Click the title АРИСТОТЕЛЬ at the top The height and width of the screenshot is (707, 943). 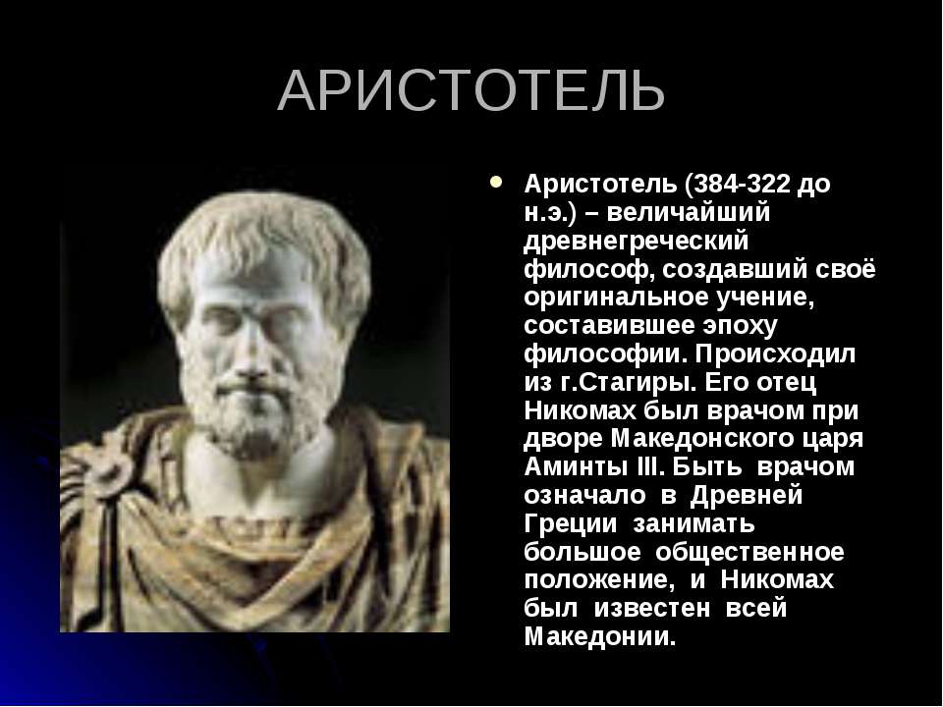[x=471, y=90]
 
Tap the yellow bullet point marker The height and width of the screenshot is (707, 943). [x=495, y=181]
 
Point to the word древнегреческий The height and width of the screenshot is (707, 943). [x=637, y=242]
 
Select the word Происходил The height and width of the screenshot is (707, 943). [x=775, y=354]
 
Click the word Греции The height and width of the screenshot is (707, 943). [x=571, y=523]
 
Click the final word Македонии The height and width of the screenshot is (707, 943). [x=600, y=637]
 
